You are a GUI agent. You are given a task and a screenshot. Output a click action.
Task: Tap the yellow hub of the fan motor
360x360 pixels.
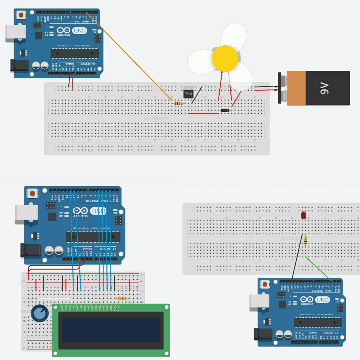[225, 58]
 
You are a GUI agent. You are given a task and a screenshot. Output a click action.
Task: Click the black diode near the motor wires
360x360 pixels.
[225, 110]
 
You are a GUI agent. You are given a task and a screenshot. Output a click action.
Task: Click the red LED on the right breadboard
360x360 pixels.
[304, 216]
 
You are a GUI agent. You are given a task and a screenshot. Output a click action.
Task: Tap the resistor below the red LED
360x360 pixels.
[306, 240]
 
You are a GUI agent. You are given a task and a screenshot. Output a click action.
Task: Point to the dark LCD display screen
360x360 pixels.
[111, 330]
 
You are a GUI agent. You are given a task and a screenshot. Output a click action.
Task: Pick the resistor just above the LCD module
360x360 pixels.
[122, 298]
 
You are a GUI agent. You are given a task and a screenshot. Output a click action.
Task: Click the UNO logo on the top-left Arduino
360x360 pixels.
[79, 31]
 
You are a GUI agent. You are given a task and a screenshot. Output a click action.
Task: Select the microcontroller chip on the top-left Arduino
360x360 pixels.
[75, 53]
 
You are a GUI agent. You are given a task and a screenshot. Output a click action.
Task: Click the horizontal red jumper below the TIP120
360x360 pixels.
[203, 113]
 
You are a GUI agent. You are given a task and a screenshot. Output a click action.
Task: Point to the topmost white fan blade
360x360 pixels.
[234, 35]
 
